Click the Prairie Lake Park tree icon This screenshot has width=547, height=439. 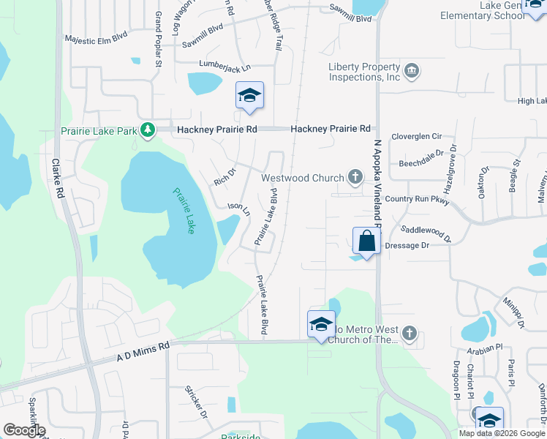point(148,130)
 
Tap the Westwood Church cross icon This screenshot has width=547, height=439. point(355,176)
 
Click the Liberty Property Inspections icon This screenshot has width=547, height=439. point(412,71)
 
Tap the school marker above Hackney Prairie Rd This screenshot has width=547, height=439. point(249,96)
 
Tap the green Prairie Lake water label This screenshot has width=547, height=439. point(185,211)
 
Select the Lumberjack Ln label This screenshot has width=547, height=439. point(219,66)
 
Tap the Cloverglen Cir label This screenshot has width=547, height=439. point(418,136)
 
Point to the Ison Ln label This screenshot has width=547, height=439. point(239,210)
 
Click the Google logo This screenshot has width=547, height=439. point(23,430)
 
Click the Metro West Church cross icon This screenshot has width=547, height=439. point(410,334)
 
